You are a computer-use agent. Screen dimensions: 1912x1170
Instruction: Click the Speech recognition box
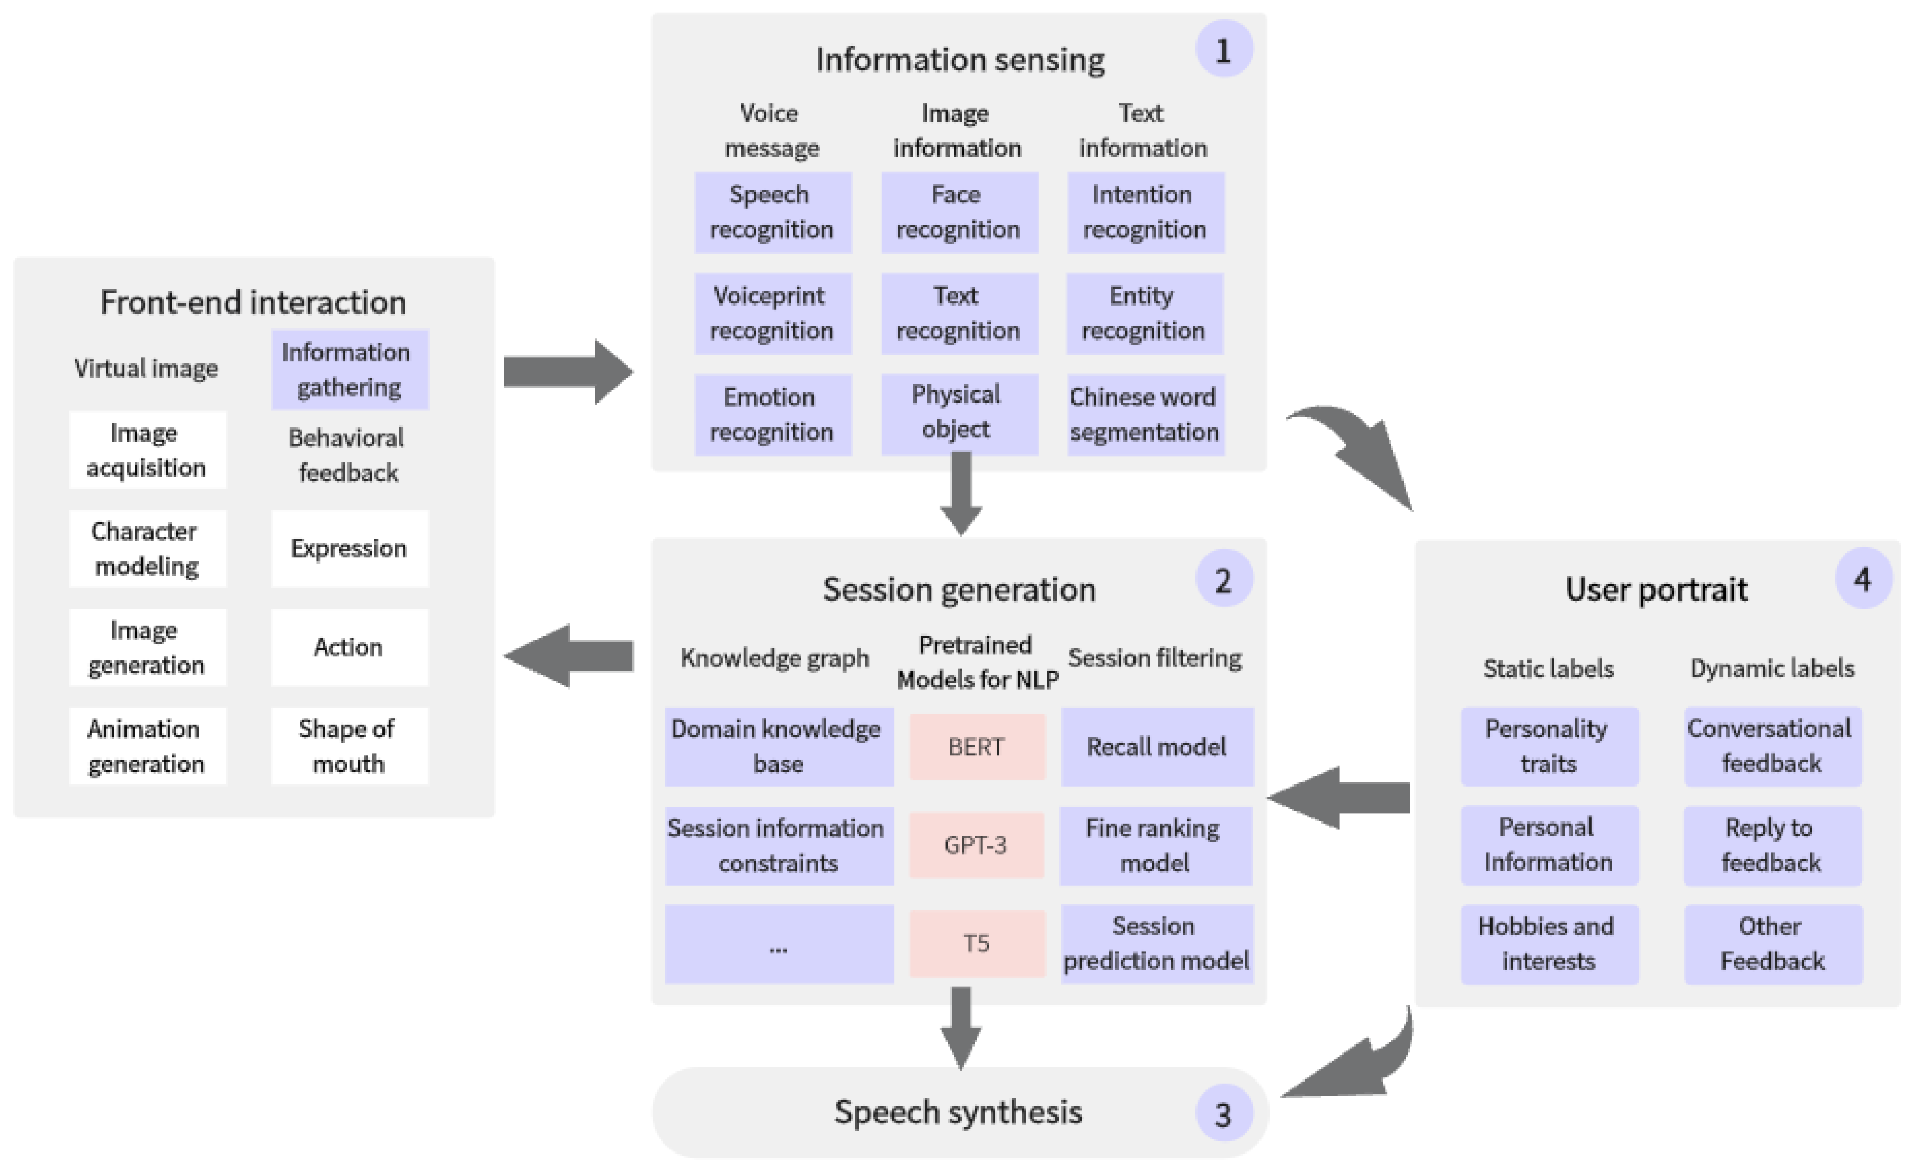[773, 212]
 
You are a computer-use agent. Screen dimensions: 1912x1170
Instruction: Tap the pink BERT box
[977, 746]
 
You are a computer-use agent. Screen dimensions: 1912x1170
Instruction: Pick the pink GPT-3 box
[977, 845]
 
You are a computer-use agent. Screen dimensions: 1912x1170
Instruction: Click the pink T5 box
[977, 943]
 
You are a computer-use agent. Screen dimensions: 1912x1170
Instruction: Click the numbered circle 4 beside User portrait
[1863, 579]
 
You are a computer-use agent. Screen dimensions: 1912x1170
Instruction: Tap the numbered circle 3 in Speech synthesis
[1223, 1113]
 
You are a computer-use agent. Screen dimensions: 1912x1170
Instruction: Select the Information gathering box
[349, 369]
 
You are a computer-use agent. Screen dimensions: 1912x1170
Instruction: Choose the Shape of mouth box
[349, 746]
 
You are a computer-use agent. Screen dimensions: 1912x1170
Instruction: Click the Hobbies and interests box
[1549, 943]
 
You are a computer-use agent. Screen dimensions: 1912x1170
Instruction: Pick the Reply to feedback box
[1772, 845]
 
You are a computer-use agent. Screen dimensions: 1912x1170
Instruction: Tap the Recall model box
[1157, 746]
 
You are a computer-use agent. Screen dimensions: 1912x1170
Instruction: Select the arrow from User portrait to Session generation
[1338, 798]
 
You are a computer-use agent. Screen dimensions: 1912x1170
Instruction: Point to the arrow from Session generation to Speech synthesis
[961, 1027]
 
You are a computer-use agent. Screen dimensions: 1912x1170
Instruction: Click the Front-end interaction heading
[253, 302]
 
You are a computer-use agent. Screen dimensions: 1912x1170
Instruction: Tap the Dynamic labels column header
[1772, 668]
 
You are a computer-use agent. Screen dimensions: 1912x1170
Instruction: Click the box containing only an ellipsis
[779, 943]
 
